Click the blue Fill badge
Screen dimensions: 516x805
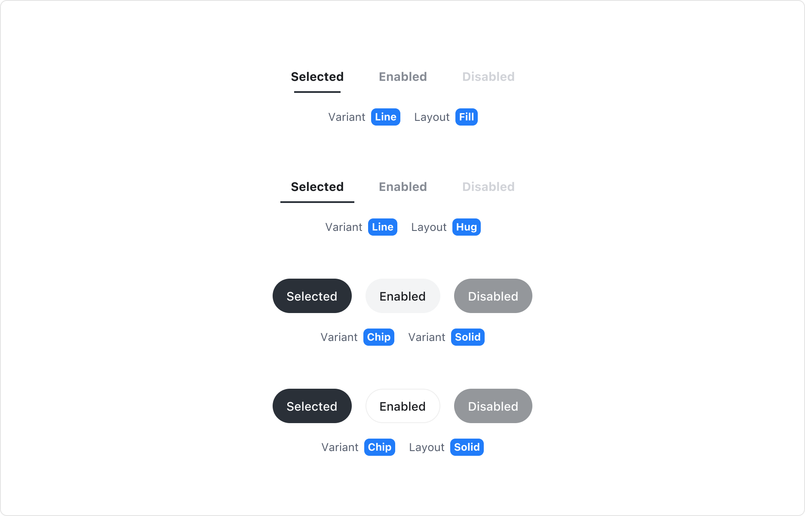466,117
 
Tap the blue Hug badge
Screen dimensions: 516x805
466,227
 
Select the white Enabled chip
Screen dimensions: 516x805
402,296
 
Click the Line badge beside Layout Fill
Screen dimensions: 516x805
385,117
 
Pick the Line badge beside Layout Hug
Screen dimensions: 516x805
382,227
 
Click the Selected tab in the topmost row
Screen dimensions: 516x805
317,77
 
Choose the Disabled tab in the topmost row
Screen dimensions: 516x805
488,77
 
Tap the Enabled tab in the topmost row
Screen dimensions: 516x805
402,77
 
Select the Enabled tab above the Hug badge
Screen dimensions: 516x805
402,187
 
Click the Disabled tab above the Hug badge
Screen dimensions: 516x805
488,187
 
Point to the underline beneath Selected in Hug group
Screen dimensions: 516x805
317,202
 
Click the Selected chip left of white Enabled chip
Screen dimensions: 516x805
312,296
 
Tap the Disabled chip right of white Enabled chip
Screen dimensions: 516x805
493,296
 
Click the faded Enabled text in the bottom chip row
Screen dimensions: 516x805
402,406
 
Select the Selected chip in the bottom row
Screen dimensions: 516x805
312,406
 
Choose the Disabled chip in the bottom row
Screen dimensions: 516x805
493,406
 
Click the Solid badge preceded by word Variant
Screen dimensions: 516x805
467,337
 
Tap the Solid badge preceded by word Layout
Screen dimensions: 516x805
467,447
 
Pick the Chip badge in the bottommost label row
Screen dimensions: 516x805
379,447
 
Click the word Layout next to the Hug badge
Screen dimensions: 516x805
429,227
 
